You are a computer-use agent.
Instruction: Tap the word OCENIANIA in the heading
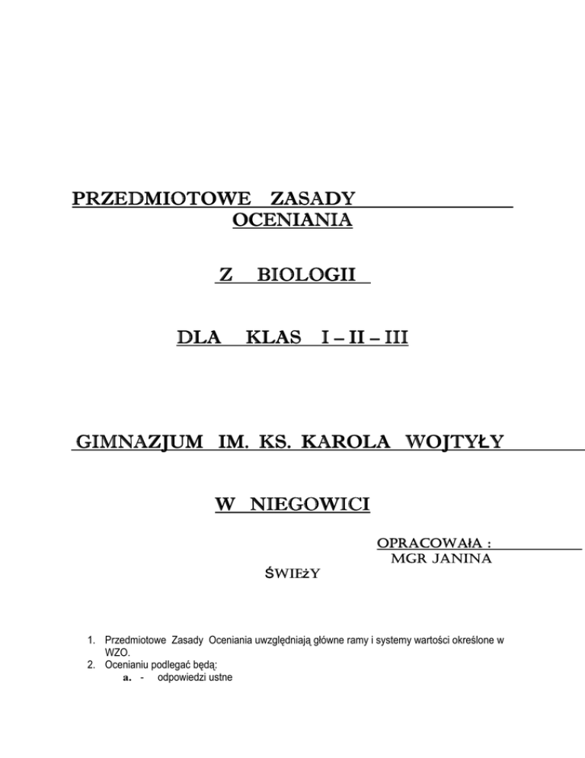pos(289,221)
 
